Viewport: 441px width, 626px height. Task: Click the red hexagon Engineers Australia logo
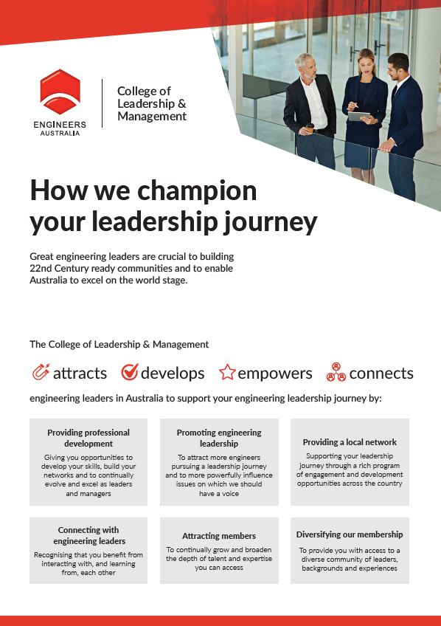60,92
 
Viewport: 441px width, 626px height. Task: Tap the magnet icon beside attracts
41,372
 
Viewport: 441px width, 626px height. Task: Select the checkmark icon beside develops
130,372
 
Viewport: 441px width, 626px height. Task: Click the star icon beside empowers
227,373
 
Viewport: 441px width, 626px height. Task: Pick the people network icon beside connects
336,372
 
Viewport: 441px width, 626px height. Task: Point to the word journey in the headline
272,221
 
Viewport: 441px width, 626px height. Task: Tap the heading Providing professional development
88,438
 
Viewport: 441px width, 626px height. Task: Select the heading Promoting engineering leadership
219,438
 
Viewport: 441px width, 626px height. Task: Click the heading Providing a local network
350,442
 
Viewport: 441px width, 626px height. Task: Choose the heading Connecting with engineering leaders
88,535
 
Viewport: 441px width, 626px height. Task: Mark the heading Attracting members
219,536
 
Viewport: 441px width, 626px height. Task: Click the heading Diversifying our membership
350,534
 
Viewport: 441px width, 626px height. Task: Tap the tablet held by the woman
359,116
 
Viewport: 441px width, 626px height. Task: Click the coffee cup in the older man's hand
310,128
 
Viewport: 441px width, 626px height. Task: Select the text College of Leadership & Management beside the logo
152,104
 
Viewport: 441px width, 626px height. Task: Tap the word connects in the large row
381,373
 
